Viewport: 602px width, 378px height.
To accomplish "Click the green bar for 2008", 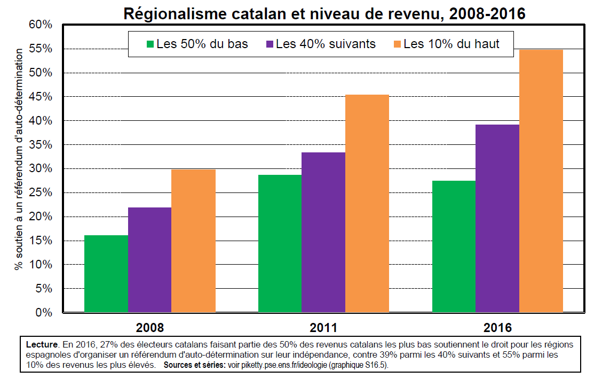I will (106, 273).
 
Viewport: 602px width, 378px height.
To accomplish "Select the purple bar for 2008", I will (149, 259).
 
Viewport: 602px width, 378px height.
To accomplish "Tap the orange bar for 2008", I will (193, 241).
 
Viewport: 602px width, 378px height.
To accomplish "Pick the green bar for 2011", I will (280, 243).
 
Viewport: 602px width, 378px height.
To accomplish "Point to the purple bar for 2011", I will (323, 232).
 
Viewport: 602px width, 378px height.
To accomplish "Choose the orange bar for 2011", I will (367, 203).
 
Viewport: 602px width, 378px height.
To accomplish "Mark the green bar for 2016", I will (454, 246).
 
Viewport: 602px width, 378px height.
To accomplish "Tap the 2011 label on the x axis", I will (323, 327).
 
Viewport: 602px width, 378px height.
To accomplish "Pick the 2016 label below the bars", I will (497, 327).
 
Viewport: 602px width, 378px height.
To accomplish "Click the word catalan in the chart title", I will (226, 13).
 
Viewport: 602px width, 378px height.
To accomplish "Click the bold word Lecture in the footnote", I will (42, 345).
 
